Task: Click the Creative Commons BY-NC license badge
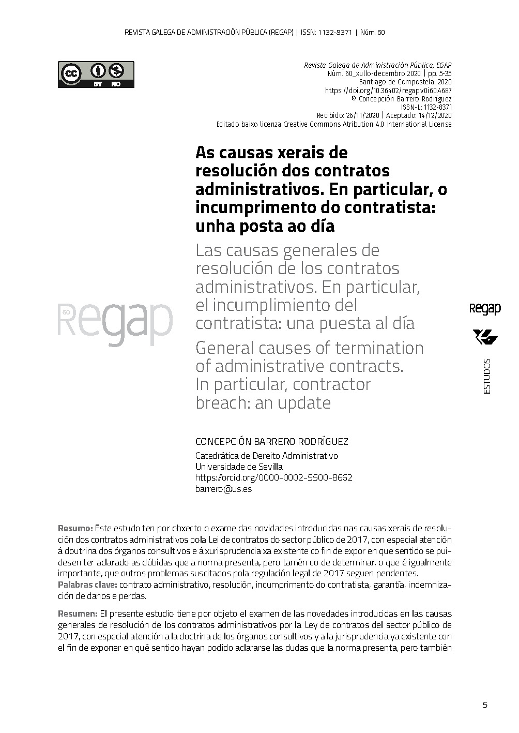tap(96, 74)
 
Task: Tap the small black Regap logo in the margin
tap(485, 309)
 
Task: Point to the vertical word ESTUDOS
tap(487, 376)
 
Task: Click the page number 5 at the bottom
tap(485, 705)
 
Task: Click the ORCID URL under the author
tap(273, 477)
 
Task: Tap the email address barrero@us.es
tap(223, 489)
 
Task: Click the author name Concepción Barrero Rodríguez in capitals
tap(271, 442)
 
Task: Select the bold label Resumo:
tap(75, 529)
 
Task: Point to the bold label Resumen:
tap(78, 614)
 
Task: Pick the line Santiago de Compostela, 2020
tap(405, 82)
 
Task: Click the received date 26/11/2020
tap(362, 115)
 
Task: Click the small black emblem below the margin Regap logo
tap(485, 338)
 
